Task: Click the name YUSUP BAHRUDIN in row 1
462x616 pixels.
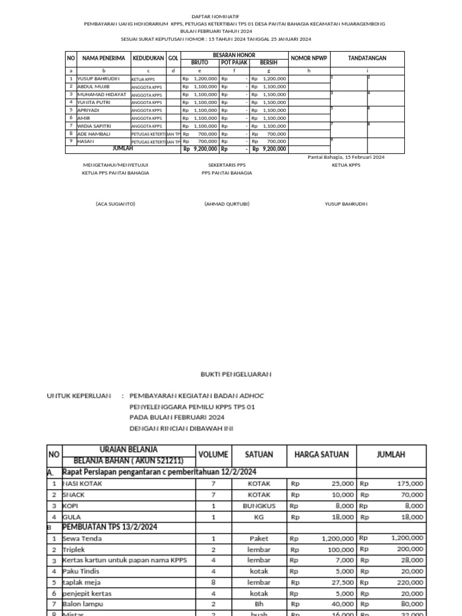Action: coord(99,79)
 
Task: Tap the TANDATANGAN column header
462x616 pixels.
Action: coord(367,58)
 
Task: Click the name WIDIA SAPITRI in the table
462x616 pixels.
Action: coord(96,126)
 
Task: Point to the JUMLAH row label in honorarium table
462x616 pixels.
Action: coord(123,149)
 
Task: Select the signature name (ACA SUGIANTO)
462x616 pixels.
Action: coord(115,204)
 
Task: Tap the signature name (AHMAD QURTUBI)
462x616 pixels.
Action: coord(227,204)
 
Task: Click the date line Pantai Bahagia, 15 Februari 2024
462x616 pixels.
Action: coord(346,157)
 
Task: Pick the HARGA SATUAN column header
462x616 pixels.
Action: coord(322,454)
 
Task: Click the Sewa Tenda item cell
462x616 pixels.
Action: coord(82,538)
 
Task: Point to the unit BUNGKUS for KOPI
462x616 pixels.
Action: coord(259,506)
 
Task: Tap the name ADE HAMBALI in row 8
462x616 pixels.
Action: coord(94,134)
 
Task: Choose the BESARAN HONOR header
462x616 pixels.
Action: coord(234,55)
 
